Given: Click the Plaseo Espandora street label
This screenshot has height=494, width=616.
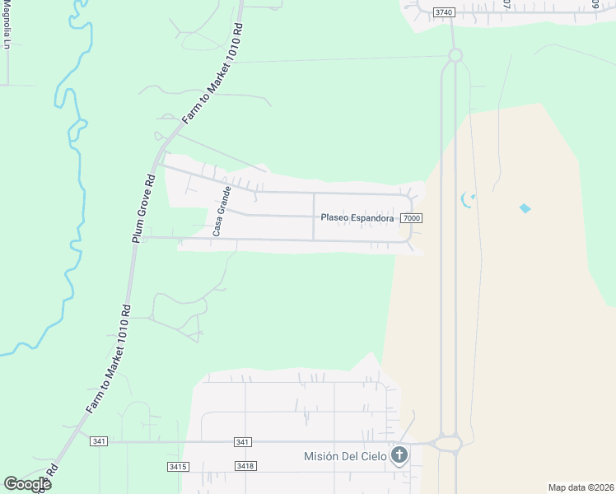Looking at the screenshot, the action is click(357, 218).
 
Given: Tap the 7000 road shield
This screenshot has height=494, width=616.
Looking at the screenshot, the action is click(412, 218).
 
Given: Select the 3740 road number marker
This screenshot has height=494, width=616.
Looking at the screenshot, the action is click(444, 12).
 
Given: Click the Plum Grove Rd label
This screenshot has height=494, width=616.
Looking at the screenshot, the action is click(142, 207).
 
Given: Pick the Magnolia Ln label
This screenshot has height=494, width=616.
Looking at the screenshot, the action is click(6, 25).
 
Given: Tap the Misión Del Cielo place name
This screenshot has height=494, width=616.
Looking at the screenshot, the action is click(345, 456).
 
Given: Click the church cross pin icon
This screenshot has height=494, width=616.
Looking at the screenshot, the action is click(399, 454).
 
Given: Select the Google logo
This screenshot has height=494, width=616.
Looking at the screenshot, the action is click(27, 484).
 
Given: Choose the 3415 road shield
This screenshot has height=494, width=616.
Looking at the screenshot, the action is click(178, 467).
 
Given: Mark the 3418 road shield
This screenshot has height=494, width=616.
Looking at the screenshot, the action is click(245, 467).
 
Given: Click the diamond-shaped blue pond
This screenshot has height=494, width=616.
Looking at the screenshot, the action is click(525, 208).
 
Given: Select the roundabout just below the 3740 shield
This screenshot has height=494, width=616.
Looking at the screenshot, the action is click(455, 55).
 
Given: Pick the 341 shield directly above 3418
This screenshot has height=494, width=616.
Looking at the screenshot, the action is click(242, 442).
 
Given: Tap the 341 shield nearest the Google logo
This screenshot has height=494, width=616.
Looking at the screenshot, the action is click(100, 442).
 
